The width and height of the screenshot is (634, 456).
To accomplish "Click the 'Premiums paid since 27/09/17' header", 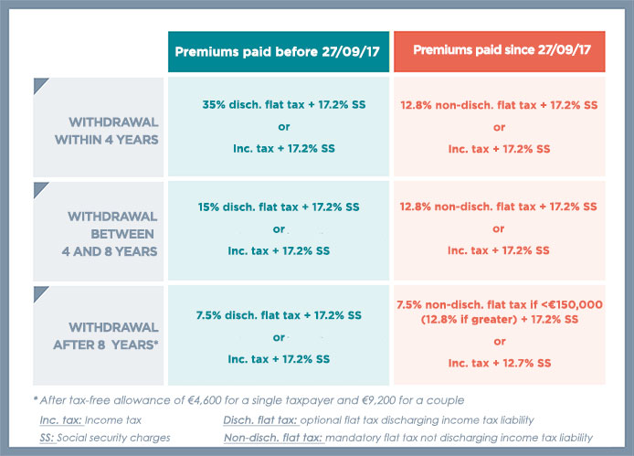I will tap(499, 51).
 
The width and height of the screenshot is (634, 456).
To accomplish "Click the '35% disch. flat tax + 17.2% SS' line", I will tap(281, 105).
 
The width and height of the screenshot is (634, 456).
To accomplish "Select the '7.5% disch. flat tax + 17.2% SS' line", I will tap(279, 314).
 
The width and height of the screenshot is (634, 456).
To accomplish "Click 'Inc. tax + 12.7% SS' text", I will tap(499, 364).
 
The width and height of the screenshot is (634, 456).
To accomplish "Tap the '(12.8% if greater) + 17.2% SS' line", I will tap(499, 319).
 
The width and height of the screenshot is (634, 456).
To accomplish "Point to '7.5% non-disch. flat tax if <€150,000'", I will tap(499, 303).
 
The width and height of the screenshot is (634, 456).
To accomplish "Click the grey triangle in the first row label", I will tap(40, 85).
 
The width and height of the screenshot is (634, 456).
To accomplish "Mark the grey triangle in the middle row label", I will tap(40, 189).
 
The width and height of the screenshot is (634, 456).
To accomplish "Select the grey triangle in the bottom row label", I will tap(40, 293).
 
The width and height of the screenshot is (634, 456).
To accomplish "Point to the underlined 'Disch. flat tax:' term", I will tap(255, 420).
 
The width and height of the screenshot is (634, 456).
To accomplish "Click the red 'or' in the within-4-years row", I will tap(499, 127).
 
